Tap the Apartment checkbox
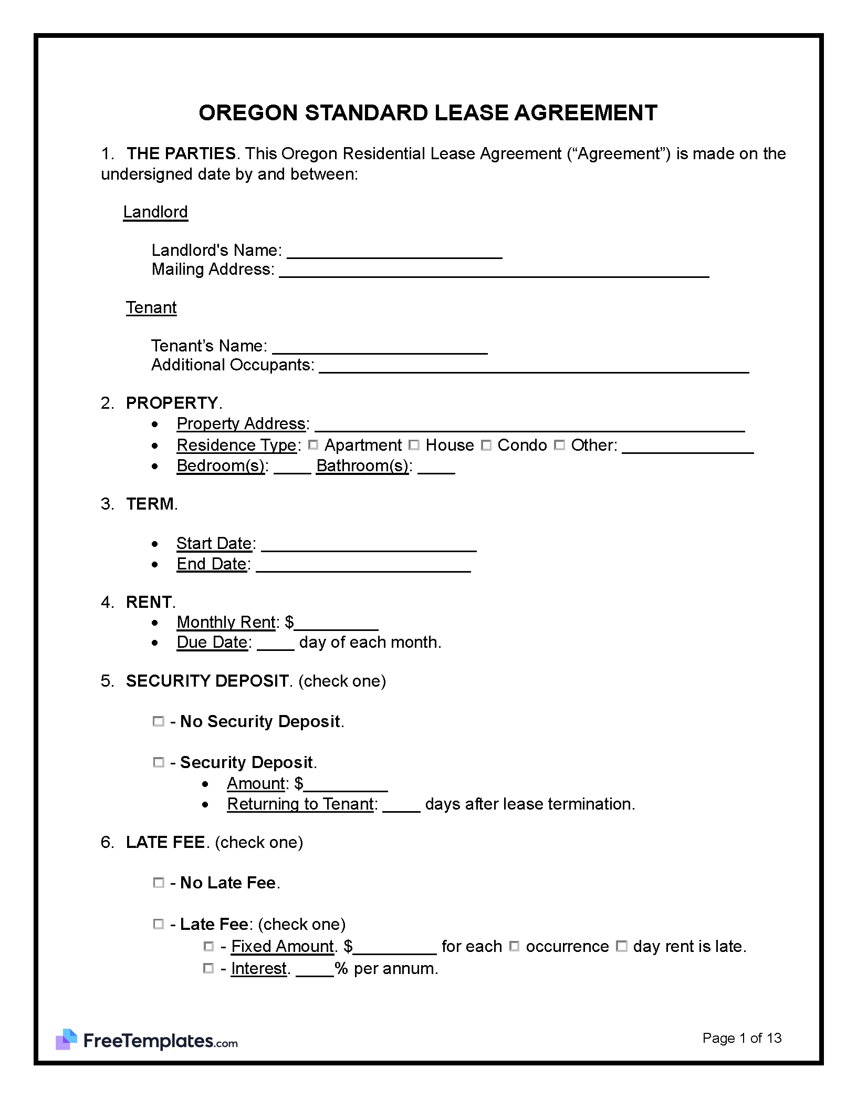point(313,445)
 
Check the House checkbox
point(414,445)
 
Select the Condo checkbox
point(486,445)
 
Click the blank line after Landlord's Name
point(394,252)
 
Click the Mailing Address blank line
point(494,271)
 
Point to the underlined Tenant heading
point(151,307)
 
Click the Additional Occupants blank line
point(534,367)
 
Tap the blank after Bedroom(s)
point(292,468)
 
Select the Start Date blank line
point(369,545)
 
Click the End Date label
point(212,564)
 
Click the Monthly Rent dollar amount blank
point(336,624)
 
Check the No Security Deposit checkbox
point(158,721)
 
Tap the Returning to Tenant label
point(300,804)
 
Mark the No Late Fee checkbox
point(158,883)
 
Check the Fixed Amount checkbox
point(208,946)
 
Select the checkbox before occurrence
point(515,946)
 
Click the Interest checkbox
point(208,968)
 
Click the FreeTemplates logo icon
point(67,1040)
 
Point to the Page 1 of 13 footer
point(741,1038)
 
